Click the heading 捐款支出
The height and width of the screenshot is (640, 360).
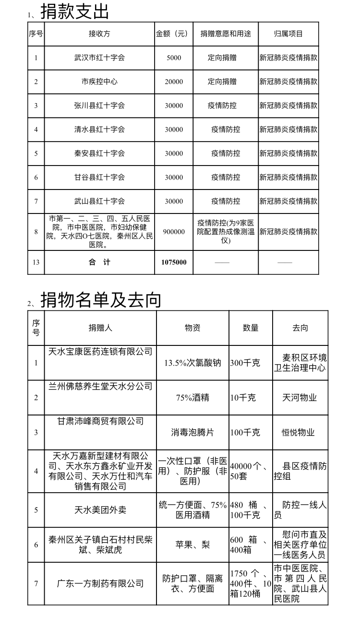(x=75, y=12)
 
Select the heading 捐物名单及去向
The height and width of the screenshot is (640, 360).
(x=101, y=300)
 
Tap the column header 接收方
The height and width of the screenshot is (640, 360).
(x=99, y=34)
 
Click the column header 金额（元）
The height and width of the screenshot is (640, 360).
(x=174, y=34)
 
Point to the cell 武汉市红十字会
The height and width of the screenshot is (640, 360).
(x=99, y=58)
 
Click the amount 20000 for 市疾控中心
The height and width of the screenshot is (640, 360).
(x=174, y=82)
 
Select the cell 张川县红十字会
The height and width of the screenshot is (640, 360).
(x=99, y=106)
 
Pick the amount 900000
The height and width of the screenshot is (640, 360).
(x=174, y=232)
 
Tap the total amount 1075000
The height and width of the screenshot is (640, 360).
(x=174, y=262)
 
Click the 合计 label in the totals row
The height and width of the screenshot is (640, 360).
(x=99, y=262)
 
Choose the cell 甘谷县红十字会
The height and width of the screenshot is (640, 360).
(x=99, y=178)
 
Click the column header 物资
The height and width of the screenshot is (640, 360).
(x=192, y=328)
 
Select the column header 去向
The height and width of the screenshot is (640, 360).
(x=300, y=328)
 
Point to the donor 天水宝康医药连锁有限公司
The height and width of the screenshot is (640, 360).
(x=100, y=352)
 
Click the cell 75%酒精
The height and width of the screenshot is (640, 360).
(x=192, y=398)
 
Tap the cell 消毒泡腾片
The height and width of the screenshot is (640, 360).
(x=192, y=432)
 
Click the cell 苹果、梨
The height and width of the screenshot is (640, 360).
(x=192, y=545)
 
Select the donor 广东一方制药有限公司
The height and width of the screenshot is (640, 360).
(x=100, y=583)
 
